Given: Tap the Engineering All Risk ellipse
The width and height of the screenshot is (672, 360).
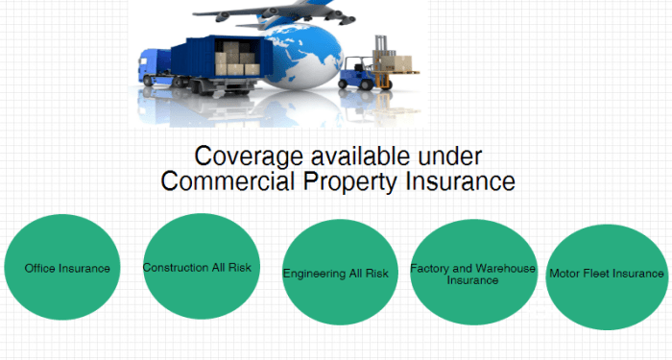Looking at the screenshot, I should click(336, 273).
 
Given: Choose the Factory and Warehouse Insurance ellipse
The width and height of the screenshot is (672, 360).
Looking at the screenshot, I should click(471, 273).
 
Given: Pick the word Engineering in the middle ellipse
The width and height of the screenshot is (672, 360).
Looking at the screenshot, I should click(314, 274).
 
